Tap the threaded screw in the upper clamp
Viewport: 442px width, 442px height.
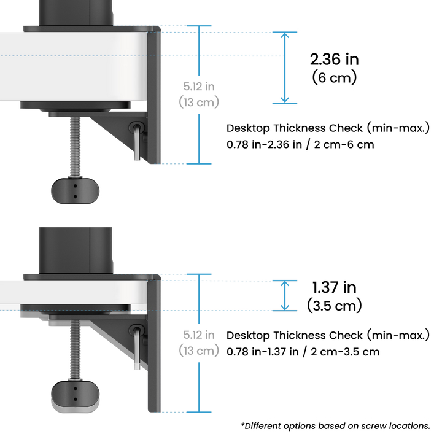(74, 147)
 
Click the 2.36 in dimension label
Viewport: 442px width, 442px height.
(334, 60)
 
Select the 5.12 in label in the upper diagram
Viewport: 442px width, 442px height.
(198, 85)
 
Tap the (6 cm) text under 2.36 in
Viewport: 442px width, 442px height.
(335, 78)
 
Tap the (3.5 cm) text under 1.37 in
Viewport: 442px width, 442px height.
(335, 305)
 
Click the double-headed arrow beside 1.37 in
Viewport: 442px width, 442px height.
(284, 295)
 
